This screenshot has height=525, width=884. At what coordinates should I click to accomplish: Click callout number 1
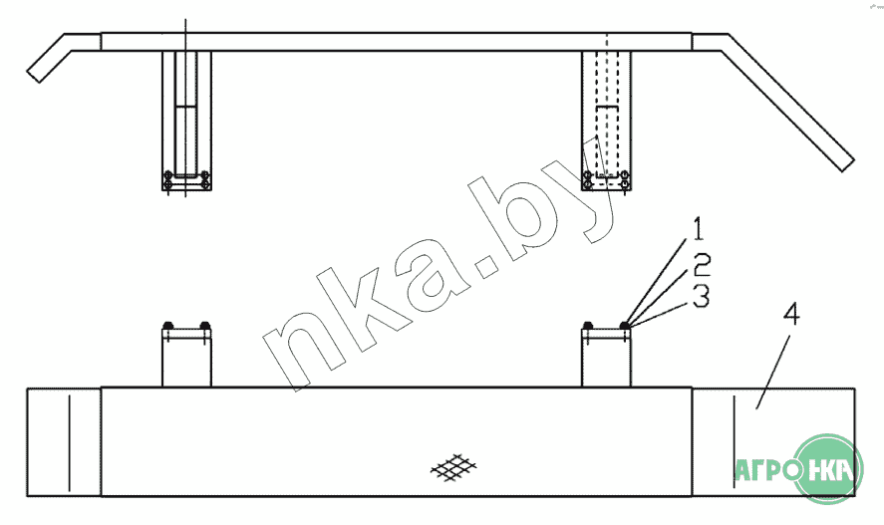(699, 229)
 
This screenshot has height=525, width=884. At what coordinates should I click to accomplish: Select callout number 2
(702, 265)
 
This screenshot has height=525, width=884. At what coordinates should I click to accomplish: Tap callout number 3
(701, 296)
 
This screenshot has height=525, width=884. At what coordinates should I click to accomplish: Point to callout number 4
(791, 314)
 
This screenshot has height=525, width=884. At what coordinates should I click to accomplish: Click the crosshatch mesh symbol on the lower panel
(453, 467)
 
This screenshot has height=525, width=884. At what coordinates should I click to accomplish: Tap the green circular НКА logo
(827, 468)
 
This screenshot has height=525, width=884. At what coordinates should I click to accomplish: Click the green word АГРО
(767, 470)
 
